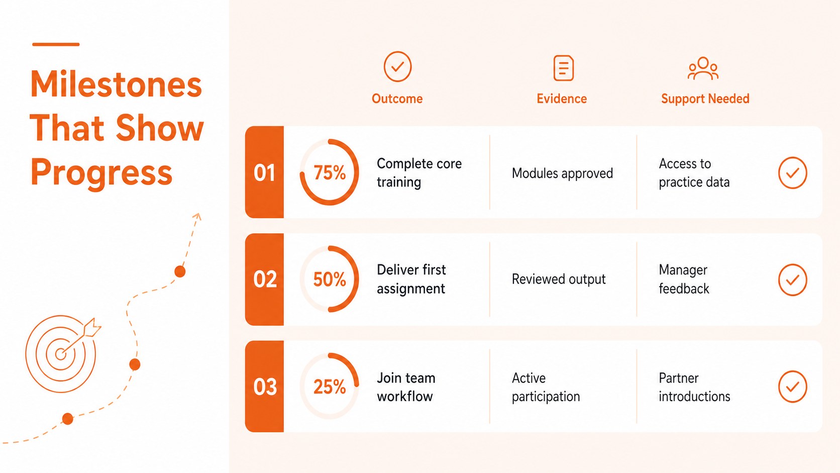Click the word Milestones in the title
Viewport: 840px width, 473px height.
coord(116,84)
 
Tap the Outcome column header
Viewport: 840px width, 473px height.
coord(397,99)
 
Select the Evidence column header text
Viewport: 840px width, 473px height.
coord(562,99)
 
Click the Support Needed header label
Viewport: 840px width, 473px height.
coord(705,99)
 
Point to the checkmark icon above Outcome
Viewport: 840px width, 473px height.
coord(397,66)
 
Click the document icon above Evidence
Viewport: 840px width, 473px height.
coord(563,68)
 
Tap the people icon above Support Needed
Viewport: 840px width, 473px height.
coord(703,68)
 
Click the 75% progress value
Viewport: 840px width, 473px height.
coord(330,173)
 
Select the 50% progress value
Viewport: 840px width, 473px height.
coord(330,279)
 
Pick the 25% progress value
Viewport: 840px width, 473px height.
coord(330,387)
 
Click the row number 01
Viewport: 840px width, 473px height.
coord(264,173)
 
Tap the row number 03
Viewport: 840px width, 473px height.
coord(265,387)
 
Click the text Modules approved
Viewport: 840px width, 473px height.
coord(562,173)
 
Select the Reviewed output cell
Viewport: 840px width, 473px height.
coord(558,279)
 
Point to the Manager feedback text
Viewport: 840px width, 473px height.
coord(684,279)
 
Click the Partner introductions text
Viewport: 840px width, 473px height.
coord(694,387)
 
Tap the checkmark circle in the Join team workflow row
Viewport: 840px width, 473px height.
coord(792,387)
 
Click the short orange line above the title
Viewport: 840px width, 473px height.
coord(56,44)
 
